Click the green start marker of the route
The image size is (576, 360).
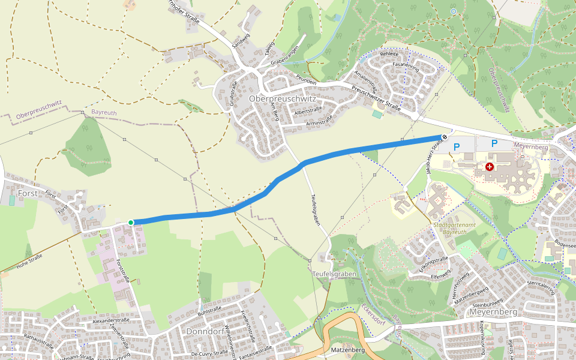pyautogui.click(x=131, y=223)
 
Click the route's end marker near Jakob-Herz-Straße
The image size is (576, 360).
pyautogui.click(x=445, y=137)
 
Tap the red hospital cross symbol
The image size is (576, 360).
pyautogui.click(x=490, y=167)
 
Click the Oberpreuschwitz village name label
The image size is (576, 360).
pyautogui.click(x=281, y=98)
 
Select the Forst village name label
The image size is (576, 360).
pyautogui.click(x=28, y=194)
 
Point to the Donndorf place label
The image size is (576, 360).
pyautogui.click(x=205, y=331)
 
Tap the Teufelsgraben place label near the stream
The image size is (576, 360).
pyautogui.click(x=335, y=274)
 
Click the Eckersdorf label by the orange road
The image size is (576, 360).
pyautogui.click(x=373, y=312)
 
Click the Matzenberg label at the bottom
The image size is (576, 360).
pyautogui.click(x=347, y=349)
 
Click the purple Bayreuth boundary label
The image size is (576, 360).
pyautogui.click(x=105, y=112)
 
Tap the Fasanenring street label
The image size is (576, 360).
pyautogui.click(x=405, y=64)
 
